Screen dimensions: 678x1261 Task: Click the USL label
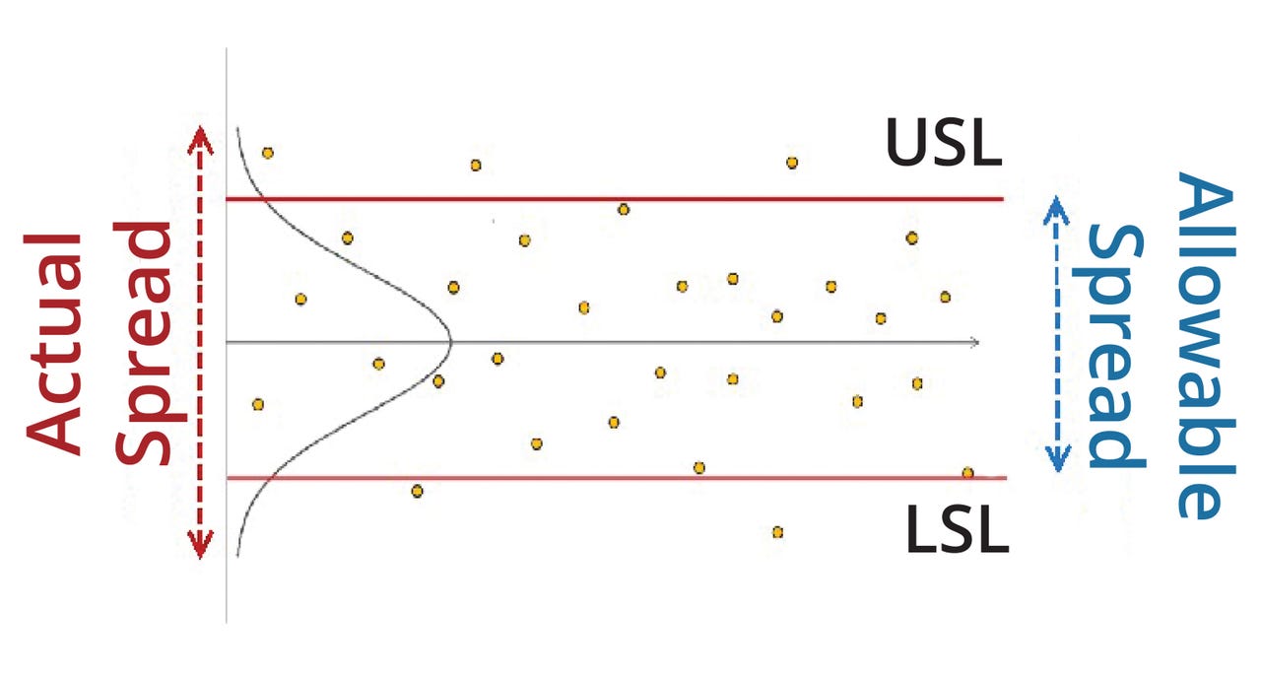click(943, 142)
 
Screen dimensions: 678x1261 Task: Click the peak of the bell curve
click(449, 342)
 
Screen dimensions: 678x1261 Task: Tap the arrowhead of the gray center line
click(974, 342)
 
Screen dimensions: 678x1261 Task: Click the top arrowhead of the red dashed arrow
click(200, 135)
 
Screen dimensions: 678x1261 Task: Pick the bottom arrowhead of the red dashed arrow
click(200, 548)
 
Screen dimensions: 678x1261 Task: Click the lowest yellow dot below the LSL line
click(777, 532)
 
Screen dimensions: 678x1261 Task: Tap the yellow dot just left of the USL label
click(792, 163)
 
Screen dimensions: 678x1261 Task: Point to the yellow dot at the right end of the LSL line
click(967, 473)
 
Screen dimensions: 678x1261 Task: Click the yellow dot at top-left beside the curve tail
click(267, 153)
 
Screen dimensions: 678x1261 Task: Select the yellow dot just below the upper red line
click(623, 209)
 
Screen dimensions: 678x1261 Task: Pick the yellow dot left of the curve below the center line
click(258, 404)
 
